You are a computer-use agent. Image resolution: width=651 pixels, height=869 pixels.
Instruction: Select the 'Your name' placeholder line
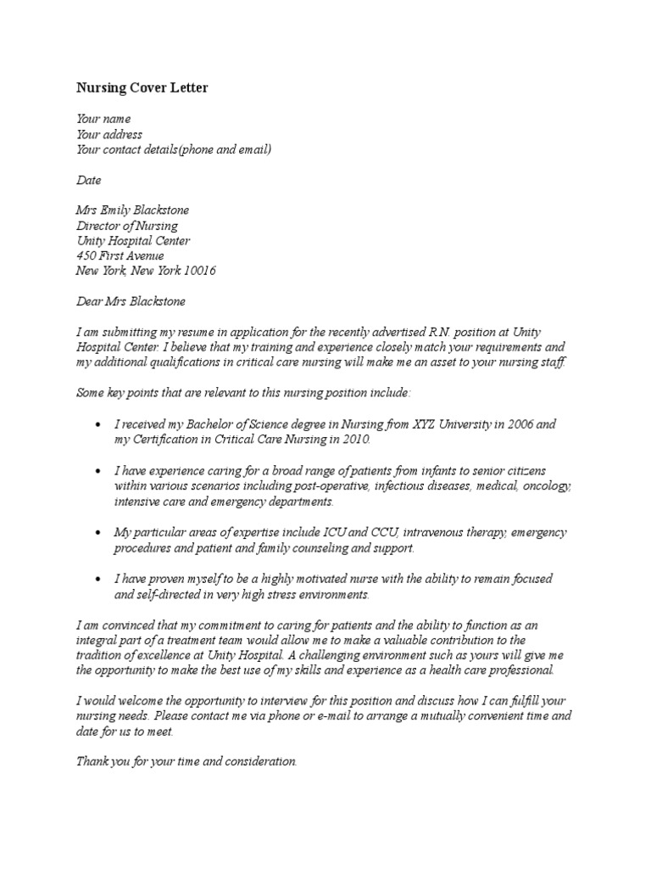pos(103,120)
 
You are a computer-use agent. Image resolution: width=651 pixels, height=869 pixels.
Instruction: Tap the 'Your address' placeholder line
pos(109,135)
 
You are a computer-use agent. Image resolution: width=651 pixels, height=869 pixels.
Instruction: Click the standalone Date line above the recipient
pos(89,181)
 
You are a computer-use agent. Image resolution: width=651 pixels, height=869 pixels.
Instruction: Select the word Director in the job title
pos(99,226)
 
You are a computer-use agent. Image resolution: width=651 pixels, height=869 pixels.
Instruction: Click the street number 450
pos(86,256)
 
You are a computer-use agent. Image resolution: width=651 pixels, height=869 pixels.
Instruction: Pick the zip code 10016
pos(200,272)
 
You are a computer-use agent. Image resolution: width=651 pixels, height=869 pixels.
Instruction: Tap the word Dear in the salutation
pos(90,302)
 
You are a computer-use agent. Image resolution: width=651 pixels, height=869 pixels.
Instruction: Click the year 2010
pos(354,440)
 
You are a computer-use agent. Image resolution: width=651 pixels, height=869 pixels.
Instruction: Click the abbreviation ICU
pos(333,533)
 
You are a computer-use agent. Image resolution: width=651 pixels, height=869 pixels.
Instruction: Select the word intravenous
pos(433,533)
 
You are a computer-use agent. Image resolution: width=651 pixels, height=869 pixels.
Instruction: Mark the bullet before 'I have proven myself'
pos(100,579)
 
